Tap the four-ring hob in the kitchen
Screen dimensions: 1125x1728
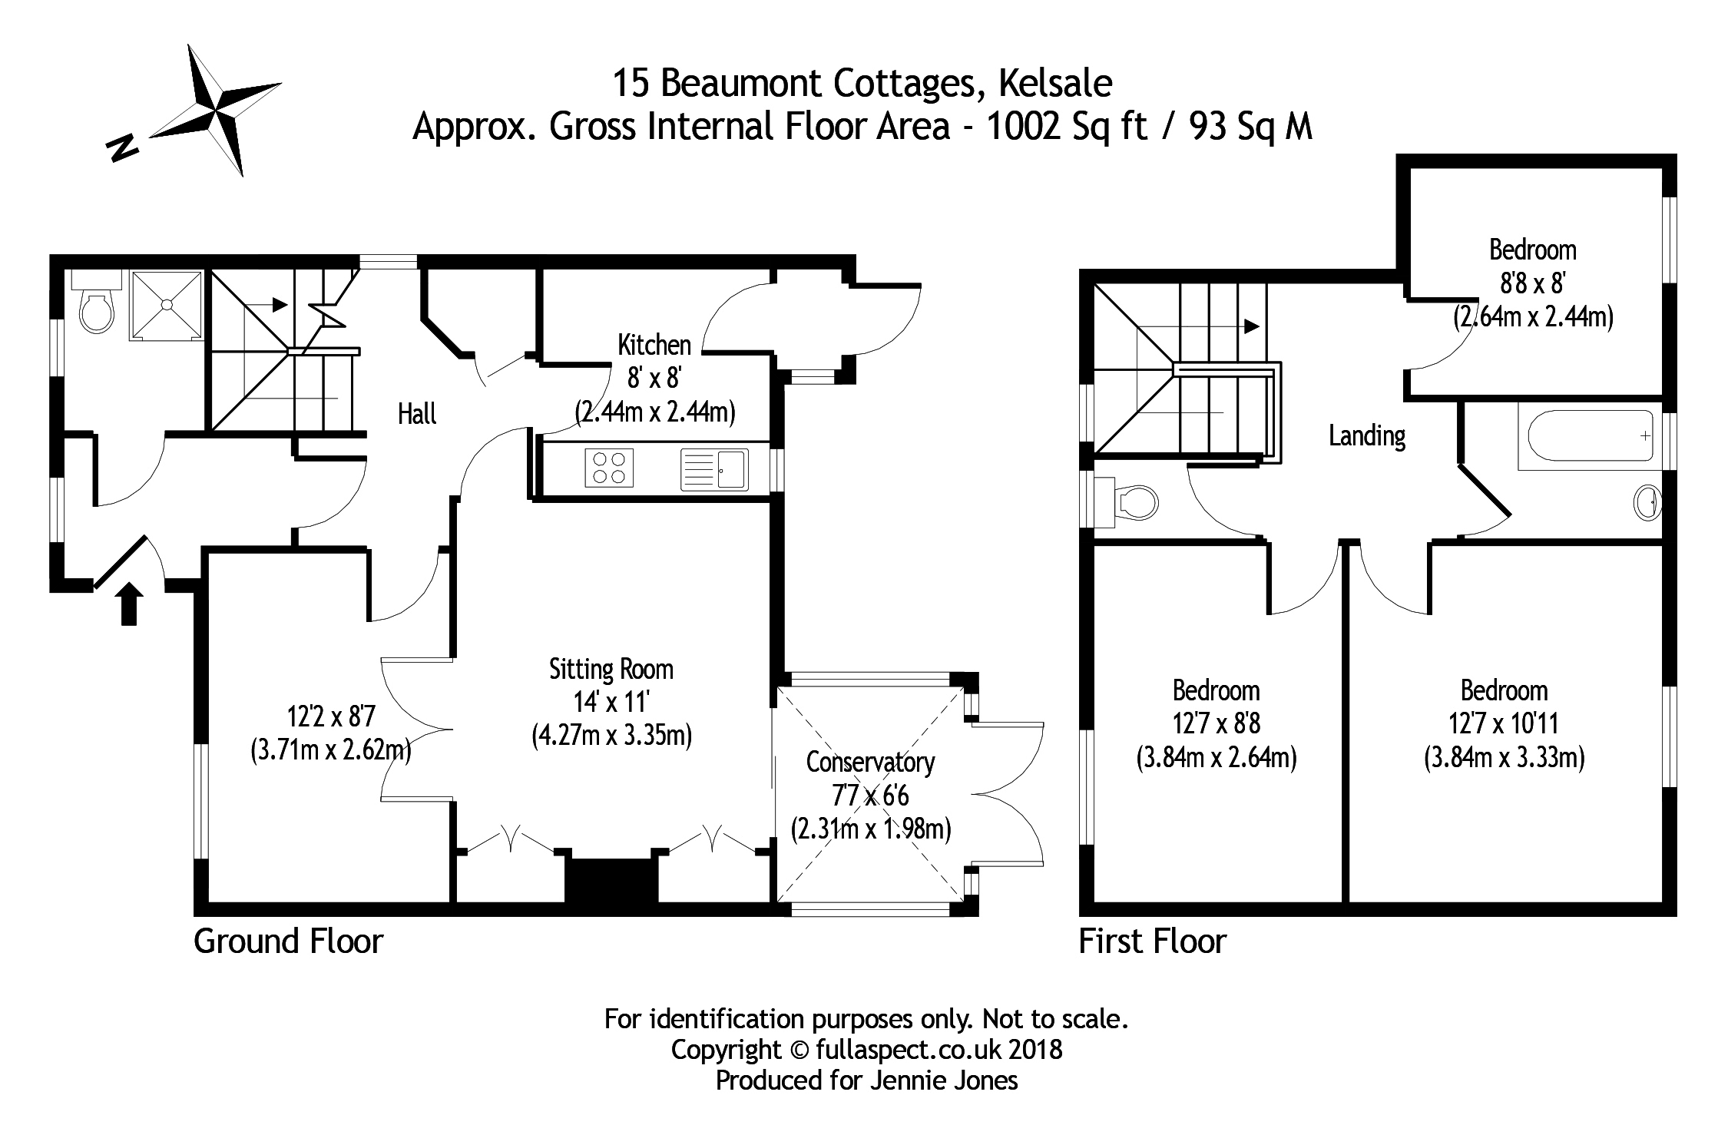point(609,468)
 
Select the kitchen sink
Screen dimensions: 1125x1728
point(714,469)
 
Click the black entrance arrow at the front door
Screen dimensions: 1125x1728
point(130,604)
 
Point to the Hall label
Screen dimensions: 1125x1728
point(417,415)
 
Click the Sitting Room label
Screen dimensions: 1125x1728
point(611,670)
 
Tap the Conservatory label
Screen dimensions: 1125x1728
point(870,763)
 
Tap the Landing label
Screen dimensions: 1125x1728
point(1367,436)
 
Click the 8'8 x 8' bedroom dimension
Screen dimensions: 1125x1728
point(1533,283)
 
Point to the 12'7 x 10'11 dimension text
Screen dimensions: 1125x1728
point(1504,723)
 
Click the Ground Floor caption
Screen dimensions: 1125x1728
point(288,941)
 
